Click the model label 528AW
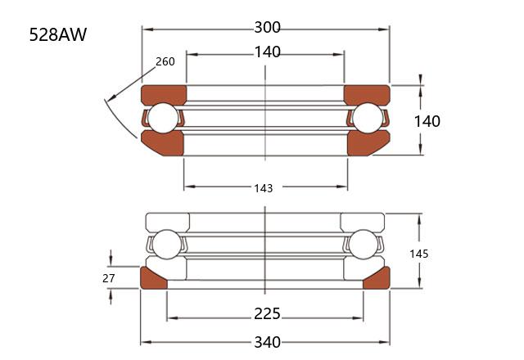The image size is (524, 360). pos(58,34)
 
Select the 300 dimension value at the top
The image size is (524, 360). pos(268,27)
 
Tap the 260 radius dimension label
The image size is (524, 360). pos(165,61)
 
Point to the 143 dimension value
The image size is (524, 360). pos(264,188)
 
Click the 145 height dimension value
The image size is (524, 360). pos(418,254)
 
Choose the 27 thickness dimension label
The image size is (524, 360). pos(109,278)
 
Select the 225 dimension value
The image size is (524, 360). pos(267,314)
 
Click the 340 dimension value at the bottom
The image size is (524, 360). pos(268,343)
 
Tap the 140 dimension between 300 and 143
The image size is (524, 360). pos(268,52)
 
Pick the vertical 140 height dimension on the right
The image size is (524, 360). pos(427,121)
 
